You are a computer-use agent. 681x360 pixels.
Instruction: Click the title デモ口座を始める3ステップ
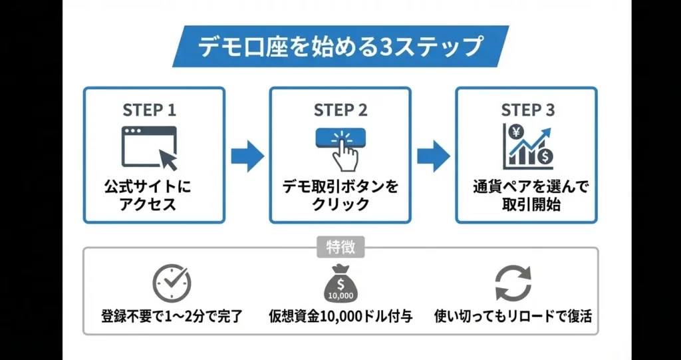tap(340, 47)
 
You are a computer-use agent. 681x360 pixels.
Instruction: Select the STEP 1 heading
tap(150, 110)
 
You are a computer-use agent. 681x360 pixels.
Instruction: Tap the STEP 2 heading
tap(340, 110)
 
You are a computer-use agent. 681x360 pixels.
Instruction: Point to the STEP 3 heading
tap(527, 110)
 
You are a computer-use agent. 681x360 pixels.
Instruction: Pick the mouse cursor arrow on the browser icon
tap(167, 159)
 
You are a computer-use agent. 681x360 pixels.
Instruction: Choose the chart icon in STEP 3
tap(527, 146)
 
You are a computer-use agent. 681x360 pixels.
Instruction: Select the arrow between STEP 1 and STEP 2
tap(247, 155)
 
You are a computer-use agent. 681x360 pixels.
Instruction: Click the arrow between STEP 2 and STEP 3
tap(433, 155)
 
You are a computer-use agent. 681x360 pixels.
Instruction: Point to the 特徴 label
tap(340, 248)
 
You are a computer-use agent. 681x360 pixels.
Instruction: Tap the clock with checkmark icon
tap(171, 282)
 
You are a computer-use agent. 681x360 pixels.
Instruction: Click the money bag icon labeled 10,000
tap(340, 283)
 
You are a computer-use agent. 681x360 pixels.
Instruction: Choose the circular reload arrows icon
tap(513, 283)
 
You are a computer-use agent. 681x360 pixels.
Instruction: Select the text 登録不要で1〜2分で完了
tap(171, 315)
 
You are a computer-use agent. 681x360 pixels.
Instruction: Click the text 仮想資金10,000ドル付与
tap(340, 315)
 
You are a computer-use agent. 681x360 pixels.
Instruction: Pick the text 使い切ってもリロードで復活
tap(513, 315)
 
